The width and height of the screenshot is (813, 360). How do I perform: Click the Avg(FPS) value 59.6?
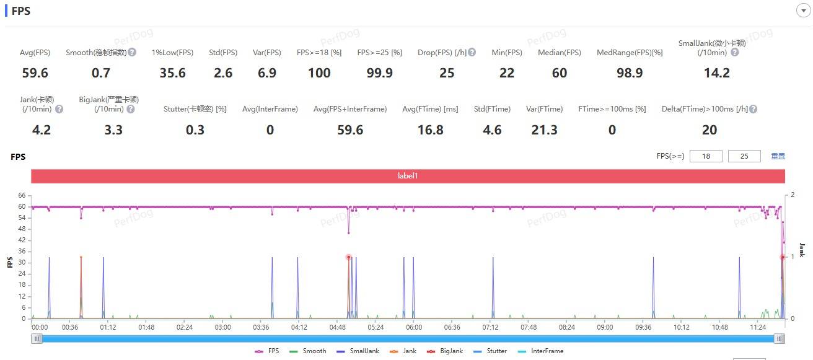(x=35, y=73)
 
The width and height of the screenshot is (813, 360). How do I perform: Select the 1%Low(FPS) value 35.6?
(x=172, y=73)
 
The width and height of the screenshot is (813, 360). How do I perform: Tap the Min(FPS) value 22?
(x=507, y=73)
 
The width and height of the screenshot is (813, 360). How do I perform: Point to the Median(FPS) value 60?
(x=560, y=73)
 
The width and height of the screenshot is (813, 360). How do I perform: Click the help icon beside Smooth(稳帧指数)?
(x=133, y=53)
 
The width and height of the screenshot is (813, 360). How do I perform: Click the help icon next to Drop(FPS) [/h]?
(x=472, y=53)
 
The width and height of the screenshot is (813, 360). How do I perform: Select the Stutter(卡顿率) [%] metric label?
(x=195, y=109)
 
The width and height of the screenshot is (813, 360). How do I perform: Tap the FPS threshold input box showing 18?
(x=706, y=156)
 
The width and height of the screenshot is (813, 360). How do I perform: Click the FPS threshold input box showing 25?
(x=744, y=156)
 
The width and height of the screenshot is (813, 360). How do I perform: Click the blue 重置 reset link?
(x=778, y=156)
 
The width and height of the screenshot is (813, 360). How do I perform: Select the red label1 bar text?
(x=408, y=176)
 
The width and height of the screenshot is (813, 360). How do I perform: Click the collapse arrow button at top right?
(x=800, y=11)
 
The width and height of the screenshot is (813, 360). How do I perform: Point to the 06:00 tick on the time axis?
(x=414, y=327)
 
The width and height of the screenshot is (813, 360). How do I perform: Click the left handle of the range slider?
(x=37, y=338)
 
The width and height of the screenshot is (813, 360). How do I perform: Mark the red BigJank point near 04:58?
(x=348, y=257)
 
